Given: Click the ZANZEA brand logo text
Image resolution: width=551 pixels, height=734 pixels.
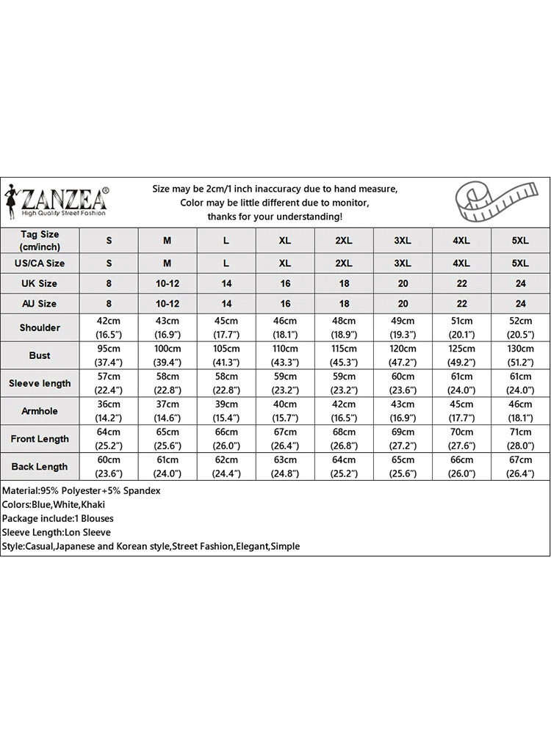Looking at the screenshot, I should coord(65,199).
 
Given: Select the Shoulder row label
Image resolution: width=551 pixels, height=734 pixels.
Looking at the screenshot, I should coord(40,327).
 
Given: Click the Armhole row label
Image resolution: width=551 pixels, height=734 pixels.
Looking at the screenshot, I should coord(40,411).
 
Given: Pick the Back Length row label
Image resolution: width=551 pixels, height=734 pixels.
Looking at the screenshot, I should coord(40,467).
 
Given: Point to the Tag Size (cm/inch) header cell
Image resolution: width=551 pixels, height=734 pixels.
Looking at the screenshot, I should coord(40,241).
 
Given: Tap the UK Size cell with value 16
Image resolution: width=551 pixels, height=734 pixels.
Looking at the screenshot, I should coord(285,283).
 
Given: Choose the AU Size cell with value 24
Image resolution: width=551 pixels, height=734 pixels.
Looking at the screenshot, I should coord(520,303).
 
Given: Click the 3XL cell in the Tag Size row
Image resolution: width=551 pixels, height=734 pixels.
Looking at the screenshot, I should coord(403,241).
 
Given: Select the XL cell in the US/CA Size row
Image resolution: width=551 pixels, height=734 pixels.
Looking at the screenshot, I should coord(285,263).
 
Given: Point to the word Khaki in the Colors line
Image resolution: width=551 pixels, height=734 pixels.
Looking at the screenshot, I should coord(98,504).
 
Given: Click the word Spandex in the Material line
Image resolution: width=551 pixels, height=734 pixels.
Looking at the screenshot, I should coord(140,490).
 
